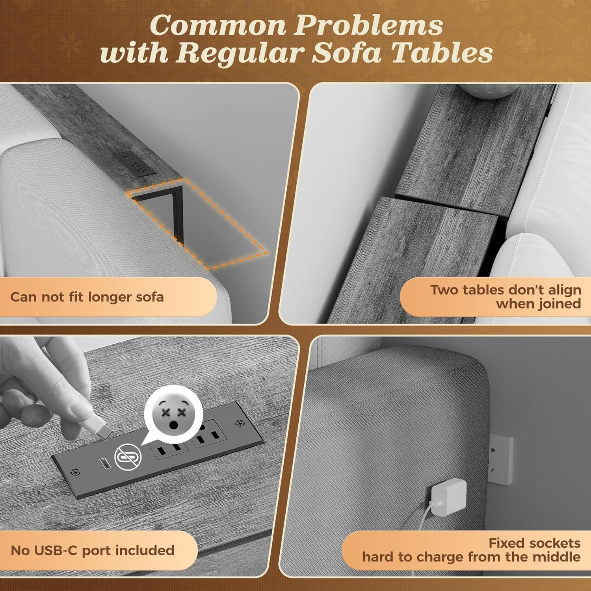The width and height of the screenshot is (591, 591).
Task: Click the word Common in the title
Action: click(x=218, y=26)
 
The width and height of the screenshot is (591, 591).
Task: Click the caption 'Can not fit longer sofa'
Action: click(x=87, y=297)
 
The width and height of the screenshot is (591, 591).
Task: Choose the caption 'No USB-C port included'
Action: click(x=93, y=550)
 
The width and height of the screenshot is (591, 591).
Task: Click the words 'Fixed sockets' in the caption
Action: click(x=535, y=543)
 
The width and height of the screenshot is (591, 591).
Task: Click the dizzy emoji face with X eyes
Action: click(x=174, y=414)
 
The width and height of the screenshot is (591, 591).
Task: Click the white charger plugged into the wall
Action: click(x=448, y=497)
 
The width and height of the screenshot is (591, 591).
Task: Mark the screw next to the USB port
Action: click(x=76, y=472)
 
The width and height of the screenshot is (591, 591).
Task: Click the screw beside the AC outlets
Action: click(x=238, y=423)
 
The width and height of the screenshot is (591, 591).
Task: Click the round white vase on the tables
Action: click(x=488, y=91)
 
